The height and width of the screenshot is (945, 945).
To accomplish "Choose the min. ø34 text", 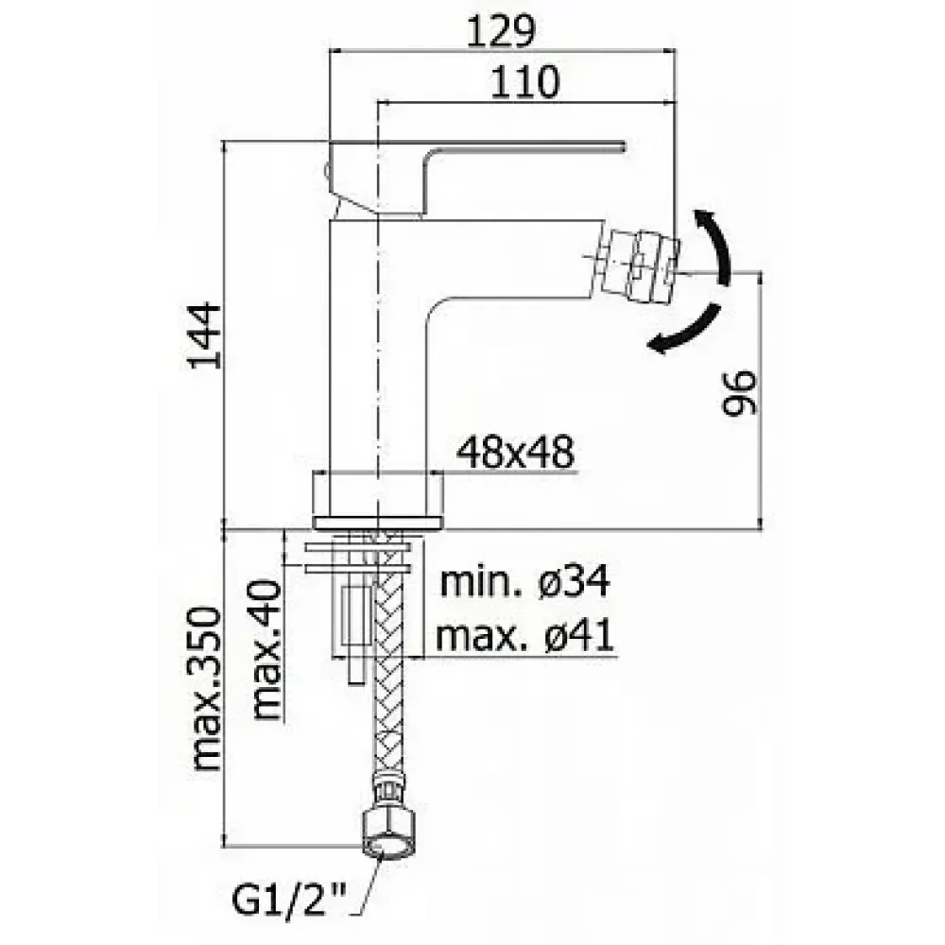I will click(524, 581).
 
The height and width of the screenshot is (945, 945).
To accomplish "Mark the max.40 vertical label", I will click(267, 652).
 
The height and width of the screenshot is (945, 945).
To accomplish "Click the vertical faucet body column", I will click(378, 359).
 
